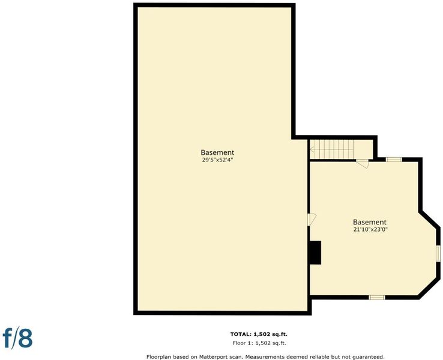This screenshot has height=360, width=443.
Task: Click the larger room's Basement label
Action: point(217,152)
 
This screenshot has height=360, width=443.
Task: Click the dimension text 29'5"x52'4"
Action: point(217,160)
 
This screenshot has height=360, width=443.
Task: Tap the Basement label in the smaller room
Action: point(370,222)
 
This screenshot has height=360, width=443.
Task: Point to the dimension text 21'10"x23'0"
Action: point(370,229)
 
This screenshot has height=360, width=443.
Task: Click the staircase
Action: point(331,149)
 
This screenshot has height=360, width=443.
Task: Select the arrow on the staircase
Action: point(312,149)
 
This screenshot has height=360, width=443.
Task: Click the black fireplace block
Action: point(315,253)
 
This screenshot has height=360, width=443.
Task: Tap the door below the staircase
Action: point(363,163)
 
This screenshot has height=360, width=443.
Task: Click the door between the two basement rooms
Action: point(312,220)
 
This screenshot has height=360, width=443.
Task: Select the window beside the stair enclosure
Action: point(394,160)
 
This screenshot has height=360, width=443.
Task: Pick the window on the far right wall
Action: point(438,253)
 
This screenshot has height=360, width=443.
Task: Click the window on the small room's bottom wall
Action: point(377,298)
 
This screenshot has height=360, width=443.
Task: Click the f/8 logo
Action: point(17,337)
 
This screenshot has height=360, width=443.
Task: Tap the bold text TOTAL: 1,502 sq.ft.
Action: point(259,334)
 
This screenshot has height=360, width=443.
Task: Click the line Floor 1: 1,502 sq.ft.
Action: point(259,343)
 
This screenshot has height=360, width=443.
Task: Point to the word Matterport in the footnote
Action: point(212,357)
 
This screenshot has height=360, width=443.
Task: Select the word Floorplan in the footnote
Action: point(158,357)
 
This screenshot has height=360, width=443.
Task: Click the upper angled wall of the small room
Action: point(429,219)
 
